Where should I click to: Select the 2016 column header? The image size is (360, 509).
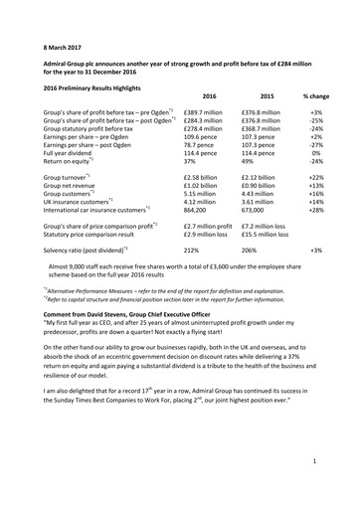coord(208,95)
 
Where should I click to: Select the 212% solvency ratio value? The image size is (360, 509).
coord(194,277)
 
